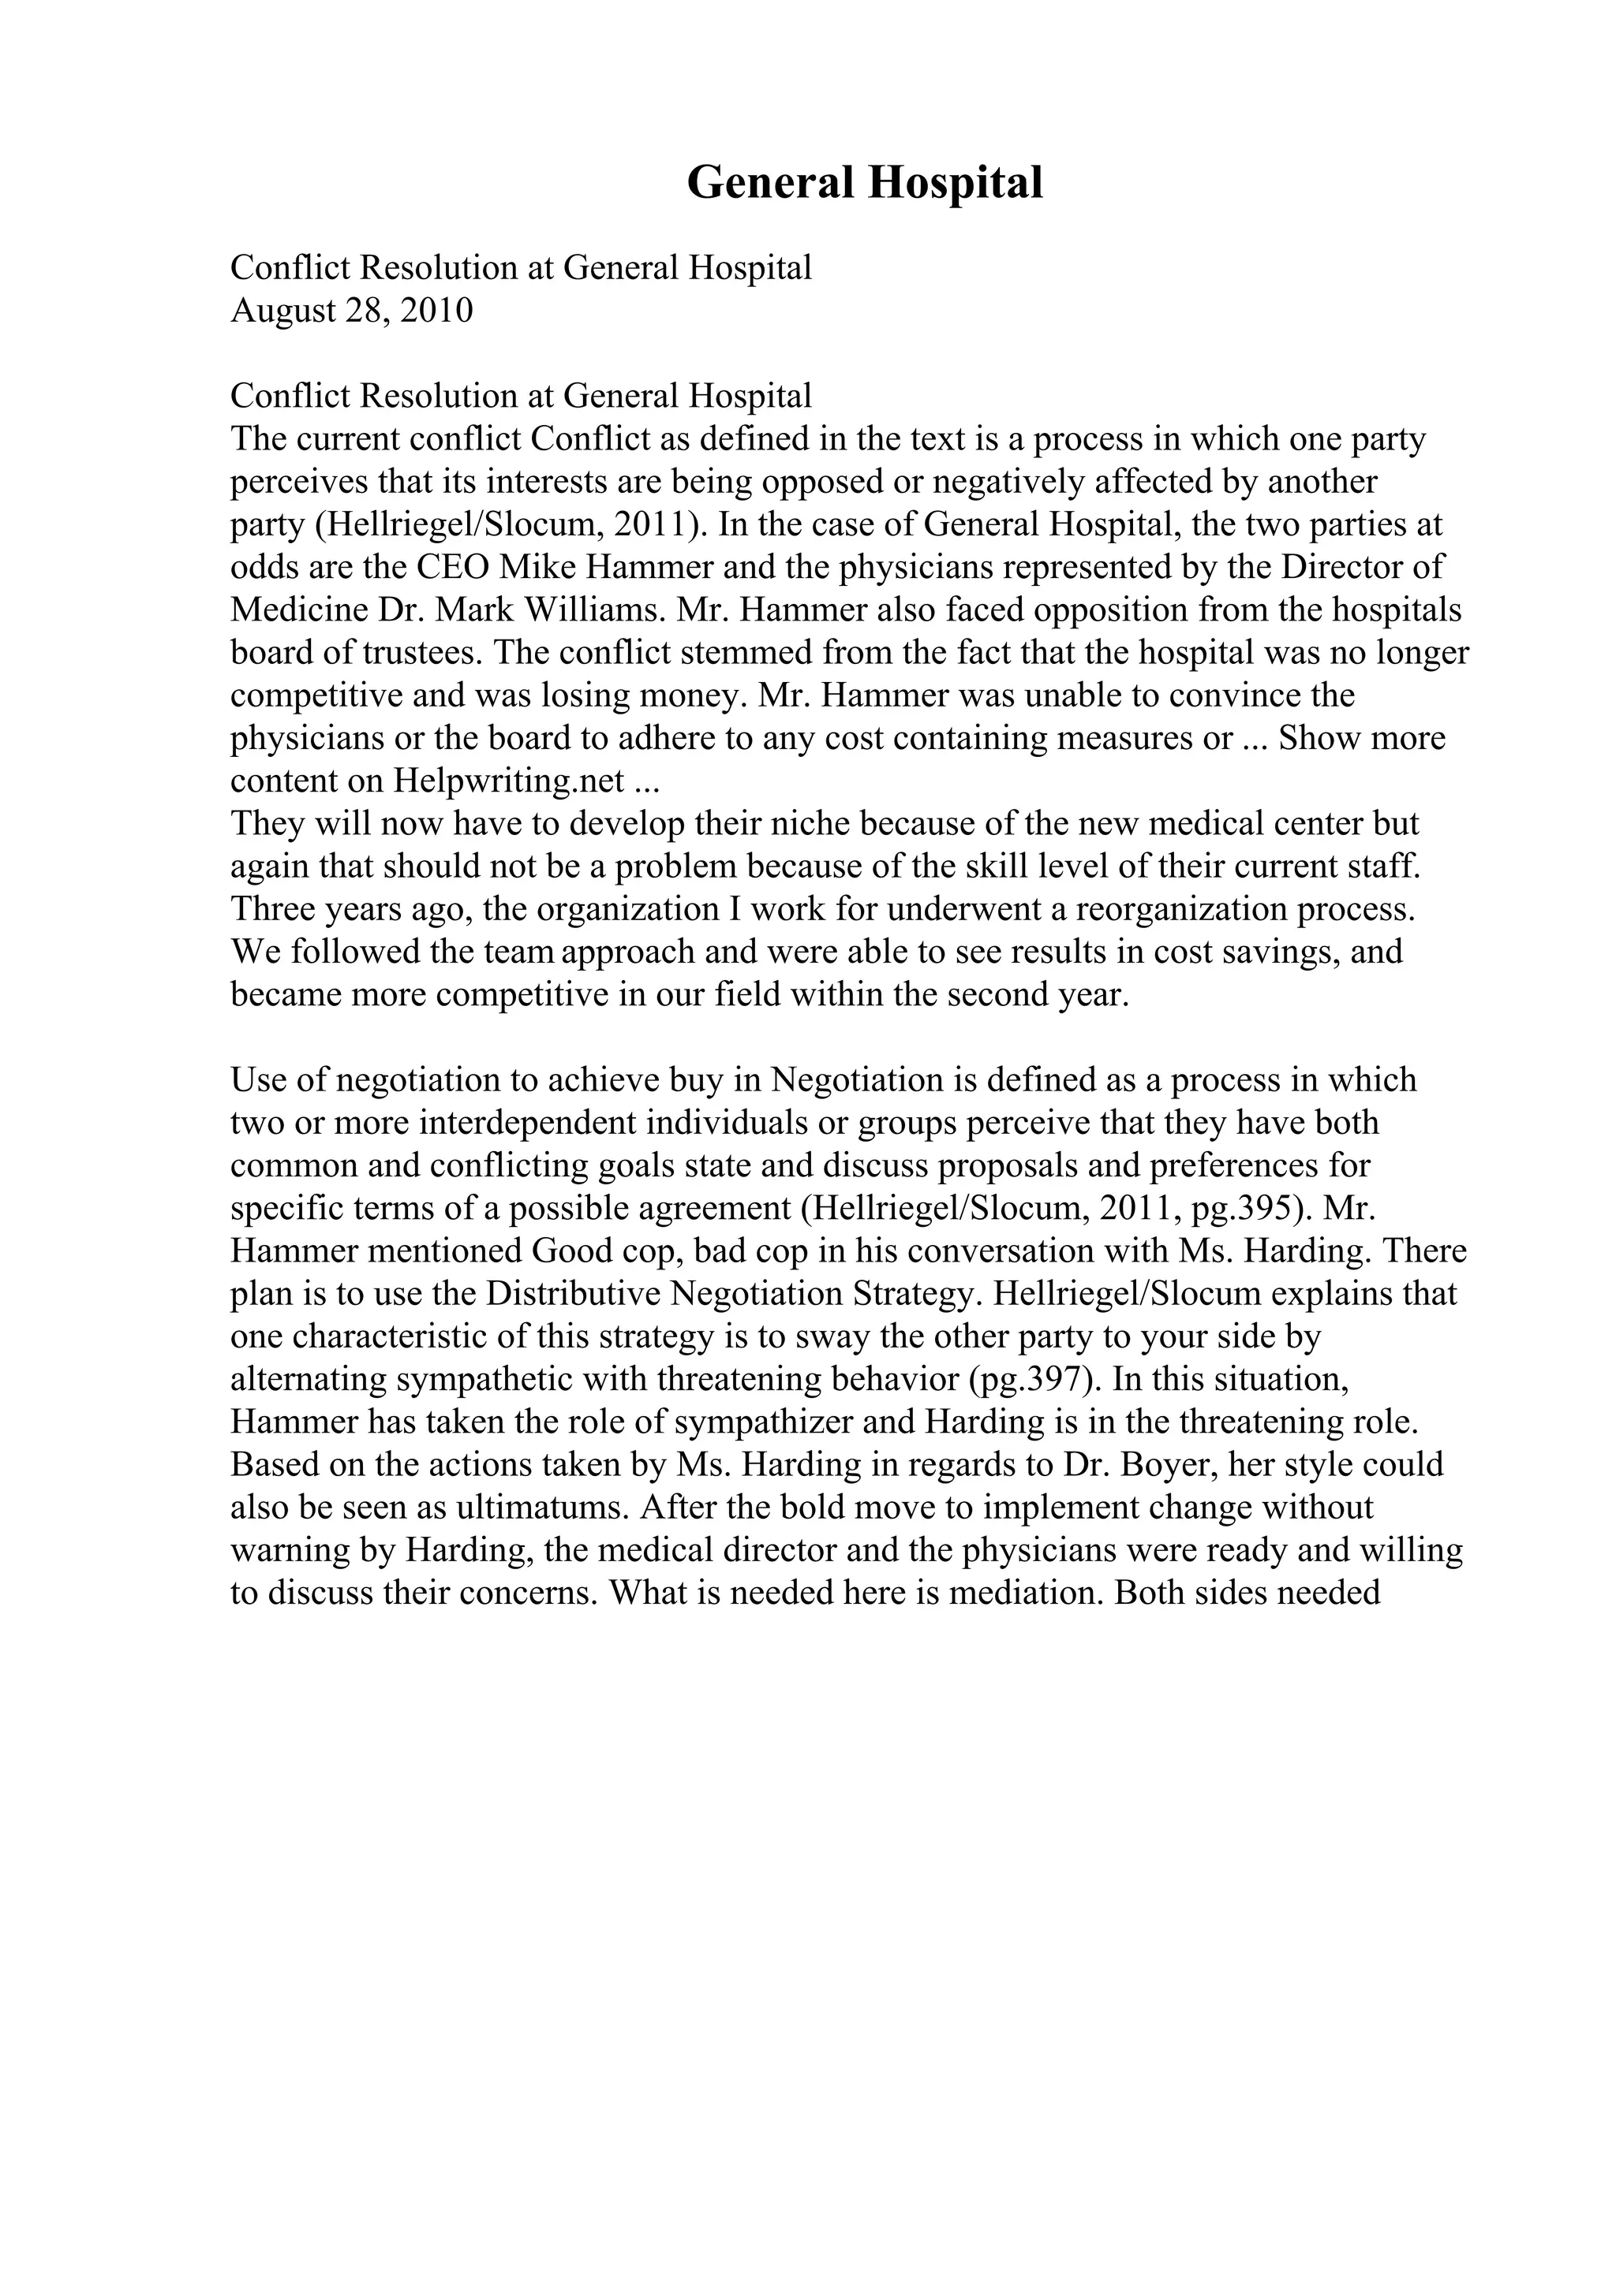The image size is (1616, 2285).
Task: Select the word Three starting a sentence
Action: tap(267, 910)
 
